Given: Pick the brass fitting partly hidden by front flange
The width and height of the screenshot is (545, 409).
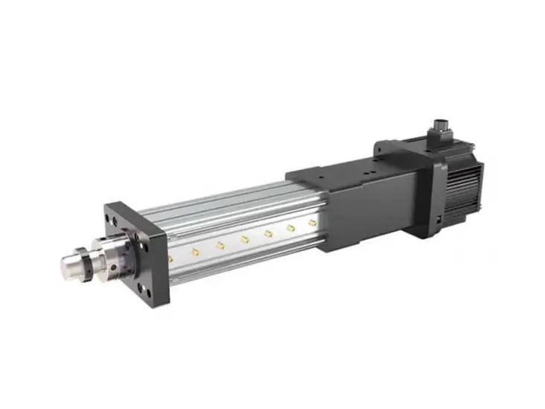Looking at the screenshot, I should pos(170,257).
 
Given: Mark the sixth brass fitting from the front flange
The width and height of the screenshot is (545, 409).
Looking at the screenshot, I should pos(291,227).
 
